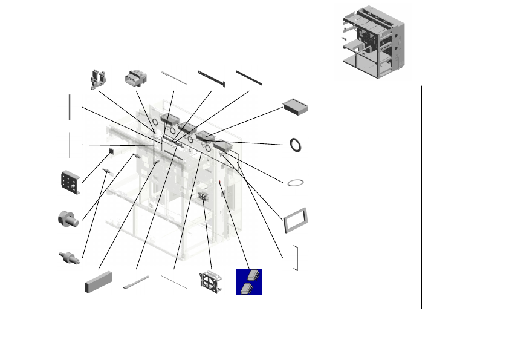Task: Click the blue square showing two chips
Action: click(249, 281)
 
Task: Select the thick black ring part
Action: click(296, 145)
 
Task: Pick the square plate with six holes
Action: click(70, 183)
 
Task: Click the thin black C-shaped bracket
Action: click(296, 258)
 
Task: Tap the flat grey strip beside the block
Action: click(136, 282)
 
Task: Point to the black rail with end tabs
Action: click(212, 79)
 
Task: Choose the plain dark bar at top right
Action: click(249, 77)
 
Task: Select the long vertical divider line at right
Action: click(421, 197)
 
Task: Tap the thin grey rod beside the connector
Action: click(173, 78)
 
